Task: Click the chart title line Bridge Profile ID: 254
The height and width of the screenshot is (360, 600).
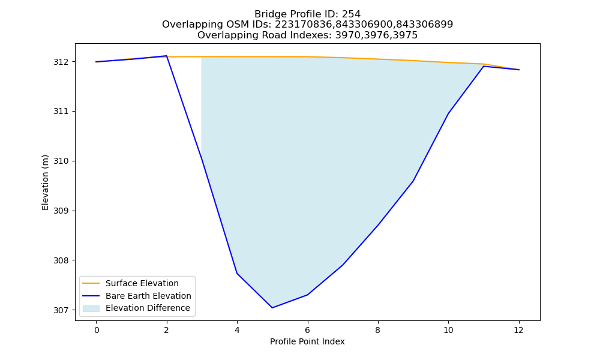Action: click(307, 14)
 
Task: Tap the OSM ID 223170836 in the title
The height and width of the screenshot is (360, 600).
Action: click(304, 25)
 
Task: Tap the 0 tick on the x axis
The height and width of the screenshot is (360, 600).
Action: click(97, 330)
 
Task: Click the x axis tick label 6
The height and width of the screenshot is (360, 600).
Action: click(307, 330)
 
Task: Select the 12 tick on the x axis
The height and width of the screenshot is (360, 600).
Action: click(518, 330)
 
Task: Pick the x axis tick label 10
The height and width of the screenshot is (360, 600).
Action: click(448, 330)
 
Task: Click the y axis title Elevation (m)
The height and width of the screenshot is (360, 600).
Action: click(45, 182)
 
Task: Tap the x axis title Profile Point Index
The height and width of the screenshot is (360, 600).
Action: click(307, 341)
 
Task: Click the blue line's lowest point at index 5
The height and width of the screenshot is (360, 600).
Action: click(272, 308)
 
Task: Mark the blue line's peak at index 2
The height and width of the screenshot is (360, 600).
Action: click(166, 56)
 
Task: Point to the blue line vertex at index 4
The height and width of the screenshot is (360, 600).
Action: click(237, 273)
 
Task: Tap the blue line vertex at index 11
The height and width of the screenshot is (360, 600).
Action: click(484, 66)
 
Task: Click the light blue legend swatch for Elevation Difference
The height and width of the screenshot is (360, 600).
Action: click(91, 308)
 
